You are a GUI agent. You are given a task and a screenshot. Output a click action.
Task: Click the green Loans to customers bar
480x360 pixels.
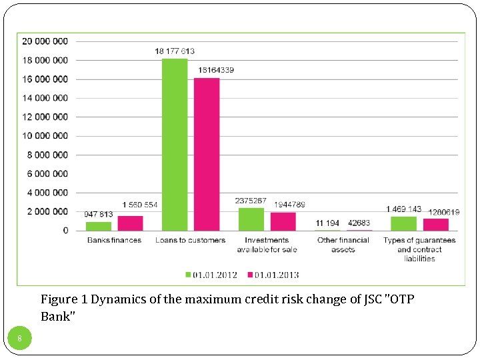click(x=175, y=145)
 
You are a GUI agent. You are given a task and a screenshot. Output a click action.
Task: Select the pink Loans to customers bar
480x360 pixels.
click(x=207, y=154)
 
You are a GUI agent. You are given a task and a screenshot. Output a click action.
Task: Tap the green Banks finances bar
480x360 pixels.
click(x=99, y=226)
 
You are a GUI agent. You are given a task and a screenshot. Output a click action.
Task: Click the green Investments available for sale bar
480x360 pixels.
click(x=251, y=219)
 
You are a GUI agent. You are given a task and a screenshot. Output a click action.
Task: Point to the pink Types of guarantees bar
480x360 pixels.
click(x=436, y=225)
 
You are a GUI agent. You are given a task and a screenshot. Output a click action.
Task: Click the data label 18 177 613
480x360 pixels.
click(x=175, y=51)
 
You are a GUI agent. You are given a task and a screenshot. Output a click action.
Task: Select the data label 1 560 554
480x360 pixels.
click(x=140, y=205)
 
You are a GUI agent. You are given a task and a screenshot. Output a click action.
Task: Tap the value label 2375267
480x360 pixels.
click(x=251, y=201)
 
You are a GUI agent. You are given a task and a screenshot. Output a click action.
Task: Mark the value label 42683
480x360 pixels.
click(x=360, y=223)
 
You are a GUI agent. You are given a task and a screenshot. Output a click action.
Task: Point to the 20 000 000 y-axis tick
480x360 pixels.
click(x=45, y=41)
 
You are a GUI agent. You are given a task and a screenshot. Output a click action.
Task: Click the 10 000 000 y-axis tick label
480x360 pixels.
click(x=45, y=136)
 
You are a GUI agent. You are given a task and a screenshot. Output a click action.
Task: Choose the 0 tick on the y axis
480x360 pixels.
click(x=65, y=231)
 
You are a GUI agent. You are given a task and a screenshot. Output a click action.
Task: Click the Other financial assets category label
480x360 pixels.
click(x=343, y=245)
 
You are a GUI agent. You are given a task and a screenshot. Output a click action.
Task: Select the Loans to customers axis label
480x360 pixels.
click(x=191, y=240)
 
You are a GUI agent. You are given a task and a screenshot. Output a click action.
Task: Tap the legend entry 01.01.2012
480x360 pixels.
click(x=211, y=275)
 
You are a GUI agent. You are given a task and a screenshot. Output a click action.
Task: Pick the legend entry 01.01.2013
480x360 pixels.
click(x=273, y=275)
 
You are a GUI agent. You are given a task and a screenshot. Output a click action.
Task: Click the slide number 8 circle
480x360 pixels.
click(x=20, y=339)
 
